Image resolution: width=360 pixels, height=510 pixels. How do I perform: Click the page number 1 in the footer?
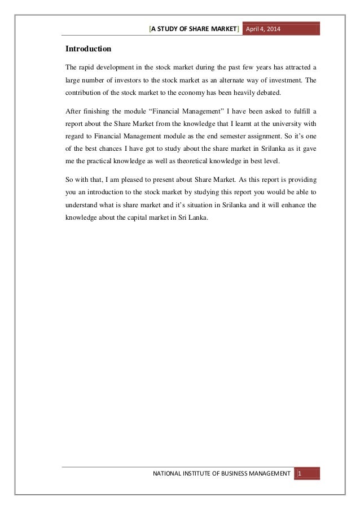point(300,473)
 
